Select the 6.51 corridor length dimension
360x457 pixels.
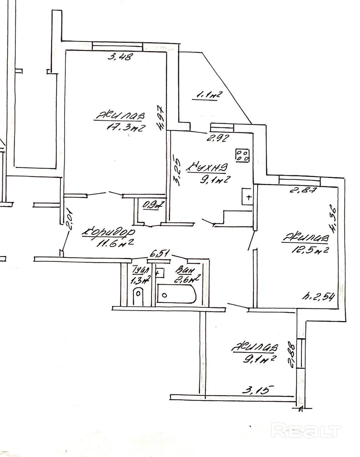159,254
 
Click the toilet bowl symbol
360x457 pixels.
138,297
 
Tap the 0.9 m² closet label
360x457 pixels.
153,205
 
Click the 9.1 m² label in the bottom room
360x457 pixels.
259,359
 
